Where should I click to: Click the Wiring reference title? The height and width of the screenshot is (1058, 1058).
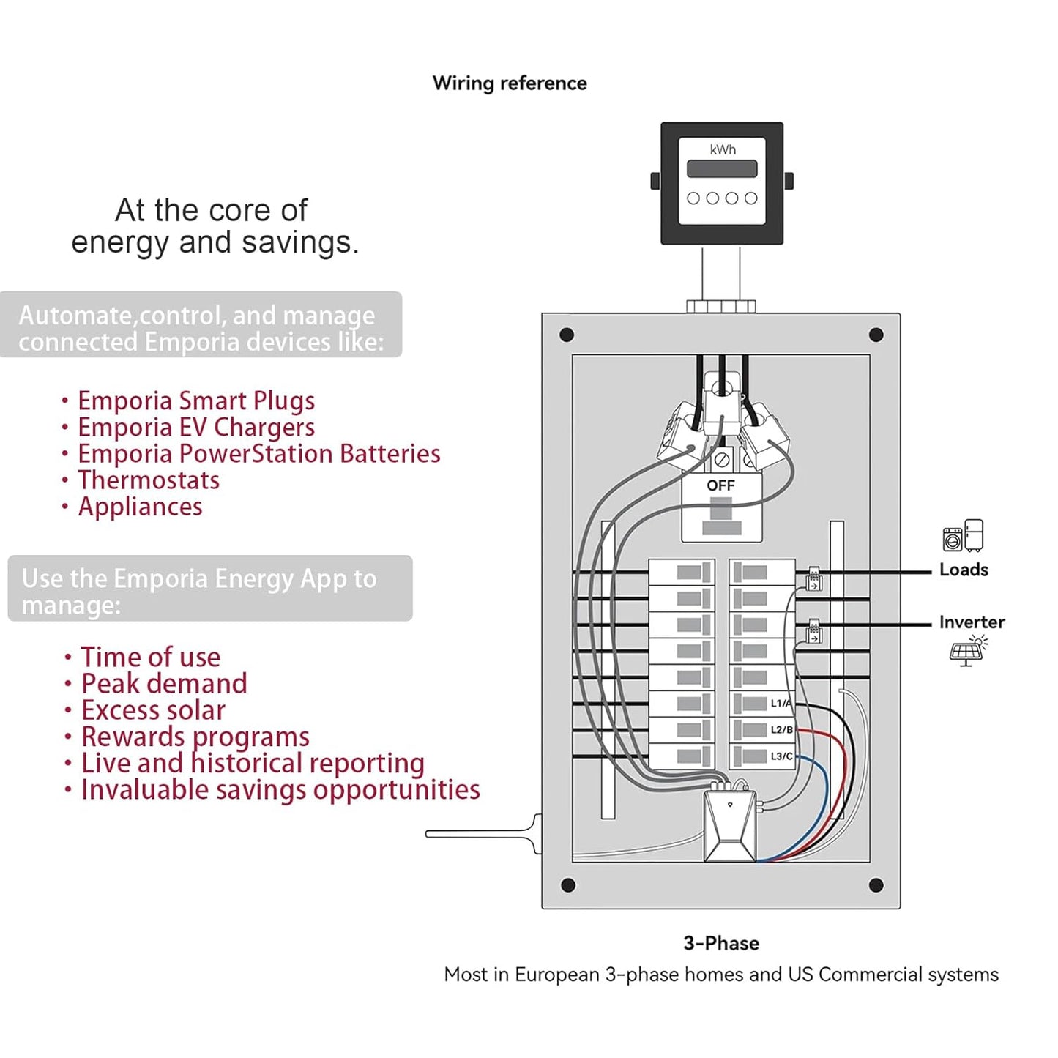click(x=509, y=83)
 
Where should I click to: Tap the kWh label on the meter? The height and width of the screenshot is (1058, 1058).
click(x=722, y=149)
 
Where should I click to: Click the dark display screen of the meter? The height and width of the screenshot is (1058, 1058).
click(x=722, y=168)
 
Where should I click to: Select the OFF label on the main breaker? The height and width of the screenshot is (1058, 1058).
click(x=720, y=485)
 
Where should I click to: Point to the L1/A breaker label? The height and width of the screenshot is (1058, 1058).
click(x=781, y=704)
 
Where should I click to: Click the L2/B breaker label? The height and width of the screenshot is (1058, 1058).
click(x=781, y=730)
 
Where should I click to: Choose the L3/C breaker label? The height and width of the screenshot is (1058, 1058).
click(x=781, y=756)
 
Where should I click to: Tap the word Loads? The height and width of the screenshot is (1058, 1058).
click(x=964, y=570)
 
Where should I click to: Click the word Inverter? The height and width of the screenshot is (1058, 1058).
click(x=972, y=622)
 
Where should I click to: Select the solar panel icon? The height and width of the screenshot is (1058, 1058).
click(x=968, y=651)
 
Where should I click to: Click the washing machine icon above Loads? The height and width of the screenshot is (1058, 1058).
click(x=953, y=539)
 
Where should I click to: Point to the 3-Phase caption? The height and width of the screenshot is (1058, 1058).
click(x=721, y=943)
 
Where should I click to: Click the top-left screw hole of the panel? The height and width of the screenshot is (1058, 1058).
click(x=567, y=335)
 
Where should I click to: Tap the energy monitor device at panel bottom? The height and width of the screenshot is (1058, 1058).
click(x=730, y=825)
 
